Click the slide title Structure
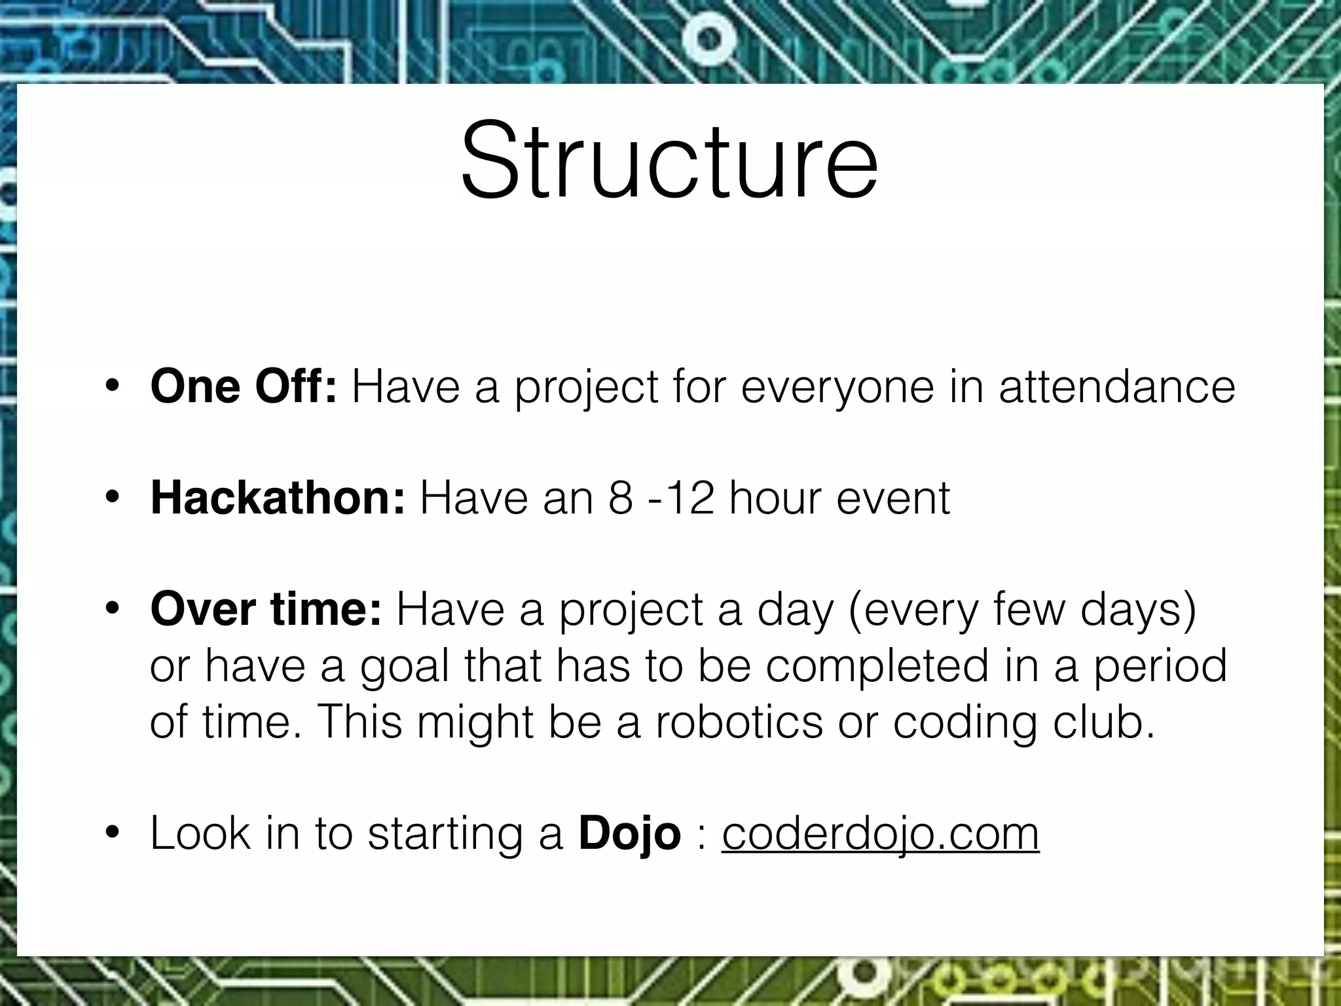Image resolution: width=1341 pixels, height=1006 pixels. tap(669, 160)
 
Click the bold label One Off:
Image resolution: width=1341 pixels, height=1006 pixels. tap(243, 386)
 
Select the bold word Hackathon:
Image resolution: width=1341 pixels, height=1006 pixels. tap(278, 498)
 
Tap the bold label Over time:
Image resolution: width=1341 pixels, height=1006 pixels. tap(265, 609)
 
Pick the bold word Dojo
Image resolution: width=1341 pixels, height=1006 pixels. tap(629, 834)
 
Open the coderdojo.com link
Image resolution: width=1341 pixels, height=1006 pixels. tap(880, 834)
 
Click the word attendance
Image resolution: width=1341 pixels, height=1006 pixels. tap(1116, 386)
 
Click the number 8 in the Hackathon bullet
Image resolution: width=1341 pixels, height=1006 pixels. tap(620, 498)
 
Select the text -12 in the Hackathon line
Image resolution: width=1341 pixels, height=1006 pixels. tap(682, 498)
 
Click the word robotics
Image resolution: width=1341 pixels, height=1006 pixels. tap(738, 722)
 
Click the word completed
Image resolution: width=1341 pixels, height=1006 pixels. tap(876, 667)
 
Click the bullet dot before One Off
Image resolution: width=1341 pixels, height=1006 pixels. tap(112, 386)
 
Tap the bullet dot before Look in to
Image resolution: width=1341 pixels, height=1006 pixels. tap(112, 833)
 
